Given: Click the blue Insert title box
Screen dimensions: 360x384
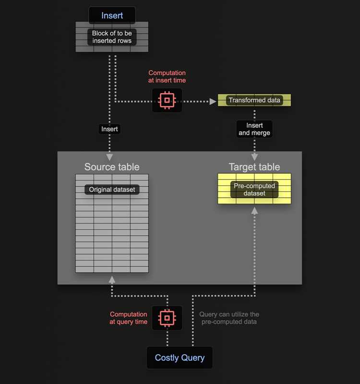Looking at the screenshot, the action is (112, 15).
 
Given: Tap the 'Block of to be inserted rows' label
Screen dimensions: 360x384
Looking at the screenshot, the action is (112, 37).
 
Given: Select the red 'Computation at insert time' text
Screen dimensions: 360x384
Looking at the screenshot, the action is (167, 76).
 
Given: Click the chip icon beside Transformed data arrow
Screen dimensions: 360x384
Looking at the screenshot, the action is (167, 100).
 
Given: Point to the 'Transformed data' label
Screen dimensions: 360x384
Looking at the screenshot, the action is (254, 100).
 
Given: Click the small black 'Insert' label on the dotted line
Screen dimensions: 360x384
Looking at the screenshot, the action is (109, 129).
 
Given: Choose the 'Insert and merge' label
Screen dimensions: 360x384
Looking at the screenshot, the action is (254, 129).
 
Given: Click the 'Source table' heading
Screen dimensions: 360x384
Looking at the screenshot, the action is (112, 167).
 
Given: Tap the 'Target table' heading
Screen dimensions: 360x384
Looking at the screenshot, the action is (254, 167).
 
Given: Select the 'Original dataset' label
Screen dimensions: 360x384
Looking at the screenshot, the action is (112, 190).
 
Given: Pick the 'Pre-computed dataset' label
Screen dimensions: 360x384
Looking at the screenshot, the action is (254, 190).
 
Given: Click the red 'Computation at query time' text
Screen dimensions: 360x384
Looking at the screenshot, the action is (129, 318).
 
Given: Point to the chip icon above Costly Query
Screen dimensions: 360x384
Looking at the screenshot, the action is (167, 318).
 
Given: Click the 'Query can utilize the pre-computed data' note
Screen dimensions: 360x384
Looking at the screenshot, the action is (229, 318).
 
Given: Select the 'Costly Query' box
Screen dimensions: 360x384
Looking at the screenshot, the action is (180, 358).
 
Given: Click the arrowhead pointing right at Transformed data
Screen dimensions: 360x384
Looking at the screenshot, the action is (213, 101).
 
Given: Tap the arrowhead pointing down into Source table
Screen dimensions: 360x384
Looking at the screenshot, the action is (109, 157).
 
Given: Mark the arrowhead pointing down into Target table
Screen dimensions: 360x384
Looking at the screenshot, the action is (254, 157).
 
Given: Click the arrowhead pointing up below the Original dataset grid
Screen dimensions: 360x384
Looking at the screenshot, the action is (112, 280).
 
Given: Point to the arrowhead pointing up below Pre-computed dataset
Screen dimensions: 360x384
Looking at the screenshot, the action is (254, 211).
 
